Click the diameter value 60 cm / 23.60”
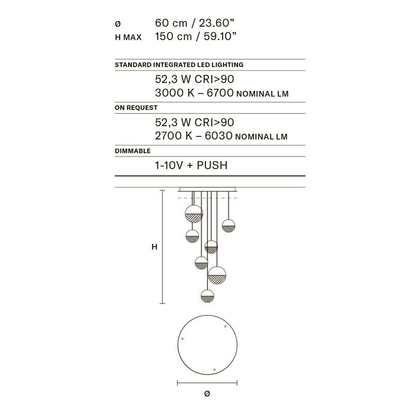(x=195, y=23)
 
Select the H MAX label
(x=128, y=37)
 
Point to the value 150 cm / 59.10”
(x=196, y=36)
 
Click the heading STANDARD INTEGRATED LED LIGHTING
(x=179, y=65)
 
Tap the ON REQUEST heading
(x=136, y=108)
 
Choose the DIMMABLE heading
(x=133, y=151)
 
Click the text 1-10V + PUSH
(x=191, y=165)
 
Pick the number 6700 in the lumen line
(x=220, y=93)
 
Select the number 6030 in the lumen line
(x=218, y=136)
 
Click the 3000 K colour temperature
(x=174, y=93)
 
